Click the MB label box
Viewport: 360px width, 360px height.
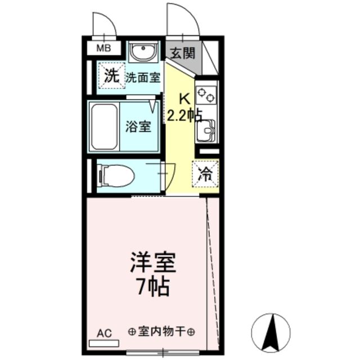(x=103, y=48)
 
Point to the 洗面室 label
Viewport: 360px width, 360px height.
(x=142, y=78)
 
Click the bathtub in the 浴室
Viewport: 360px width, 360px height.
(x=104, y=127)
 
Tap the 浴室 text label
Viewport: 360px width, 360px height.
(x=138, y=127)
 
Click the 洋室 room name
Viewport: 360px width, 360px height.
(x=153, y=263)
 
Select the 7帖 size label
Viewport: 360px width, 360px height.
(x=154, y=286)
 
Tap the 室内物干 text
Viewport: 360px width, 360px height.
(x=161, y=331)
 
